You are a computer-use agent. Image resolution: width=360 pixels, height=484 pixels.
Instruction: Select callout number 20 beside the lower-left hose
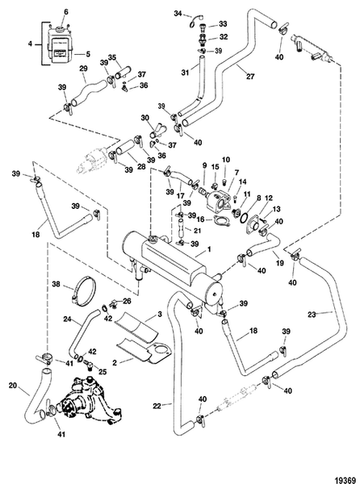coord(12,386)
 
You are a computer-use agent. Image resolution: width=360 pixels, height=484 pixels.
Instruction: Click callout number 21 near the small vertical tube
coord(196,229)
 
